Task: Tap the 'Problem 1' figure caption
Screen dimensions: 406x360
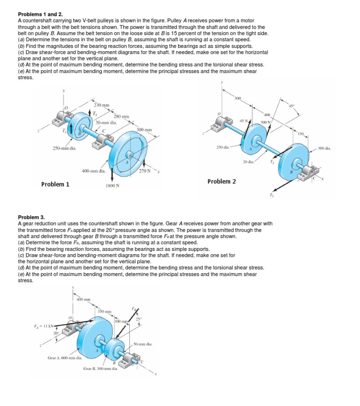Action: click(55, 184)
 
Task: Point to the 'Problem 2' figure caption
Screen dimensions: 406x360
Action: click(221, 181)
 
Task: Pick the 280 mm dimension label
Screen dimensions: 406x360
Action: click(120, 116)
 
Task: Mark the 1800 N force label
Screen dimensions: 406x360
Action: click(112, 185)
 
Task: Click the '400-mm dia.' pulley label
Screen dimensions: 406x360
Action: click(93, 170)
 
